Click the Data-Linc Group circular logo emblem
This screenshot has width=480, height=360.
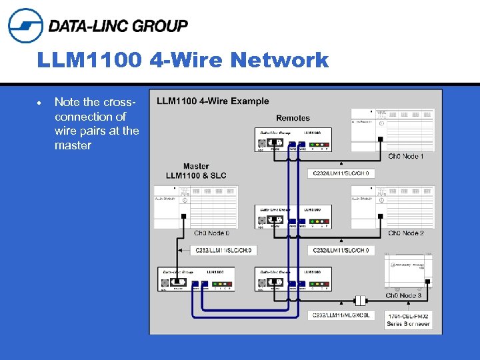point(25,25)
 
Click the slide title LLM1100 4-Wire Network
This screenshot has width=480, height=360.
point(183,61)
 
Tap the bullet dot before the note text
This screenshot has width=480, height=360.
point(41,103)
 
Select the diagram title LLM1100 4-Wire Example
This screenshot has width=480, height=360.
point(213,101)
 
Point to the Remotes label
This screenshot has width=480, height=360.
point(293,118)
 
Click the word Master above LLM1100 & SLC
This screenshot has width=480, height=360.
point(196,166)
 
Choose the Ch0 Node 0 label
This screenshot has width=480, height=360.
point(211,233)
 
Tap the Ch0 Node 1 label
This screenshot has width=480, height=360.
point(406,157)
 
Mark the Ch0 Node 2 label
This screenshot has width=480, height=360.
point(406,233)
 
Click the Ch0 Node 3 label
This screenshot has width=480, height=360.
point(403,295)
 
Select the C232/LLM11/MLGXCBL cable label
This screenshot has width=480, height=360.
point(341,314)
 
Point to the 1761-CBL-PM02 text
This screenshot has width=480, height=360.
point(408,315)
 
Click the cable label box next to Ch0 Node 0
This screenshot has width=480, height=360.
point(224,251)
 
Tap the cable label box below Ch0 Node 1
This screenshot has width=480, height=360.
point(341,173)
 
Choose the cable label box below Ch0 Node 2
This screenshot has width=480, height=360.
point(341,251)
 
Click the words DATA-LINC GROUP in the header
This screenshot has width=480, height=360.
point(118,26)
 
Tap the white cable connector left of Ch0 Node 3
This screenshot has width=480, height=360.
point(361,301)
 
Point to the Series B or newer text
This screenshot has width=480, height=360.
point(408,324)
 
